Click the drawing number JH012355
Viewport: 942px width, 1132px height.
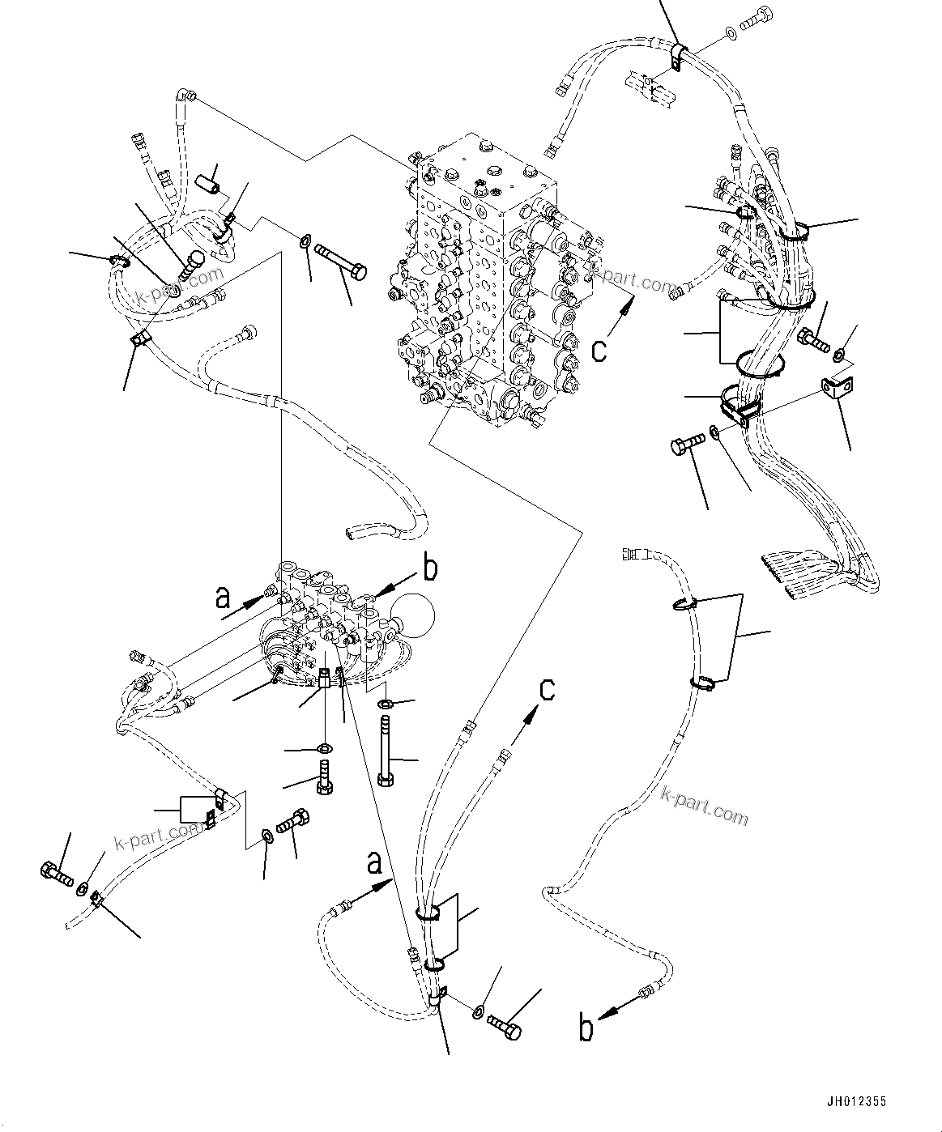pos(856,1102)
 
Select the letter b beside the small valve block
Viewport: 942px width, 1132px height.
pos(430,568)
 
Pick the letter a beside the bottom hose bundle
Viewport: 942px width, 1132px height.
pos(373,863)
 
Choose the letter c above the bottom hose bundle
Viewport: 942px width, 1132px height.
pos(548,689)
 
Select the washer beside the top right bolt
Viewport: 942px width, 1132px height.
pos(731,33)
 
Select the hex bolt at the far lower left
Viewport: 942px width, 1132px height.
pos(54,872)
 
